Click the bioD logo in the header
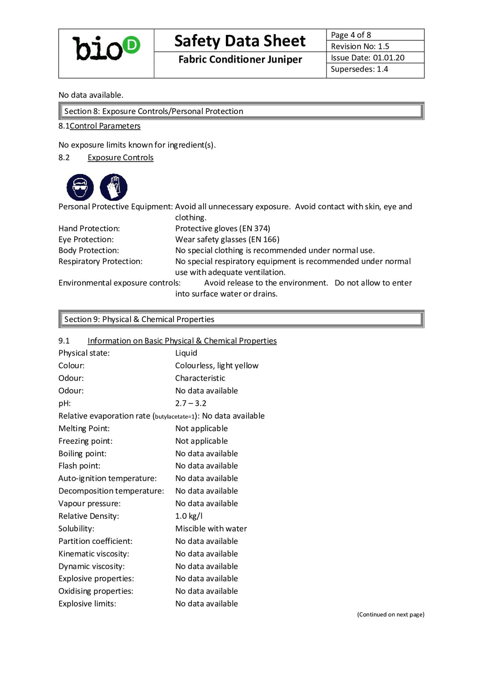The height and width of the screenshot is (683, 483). point(106,48)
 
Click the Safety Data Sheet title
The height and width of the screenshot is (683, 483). point(240,41)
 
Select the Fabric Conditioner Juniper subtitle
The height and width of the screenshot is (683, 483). point(240,59)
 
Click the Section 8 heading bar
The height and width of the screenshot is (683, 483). point(241,111)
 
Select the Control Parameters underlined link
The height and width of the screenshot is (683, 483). point(105,126)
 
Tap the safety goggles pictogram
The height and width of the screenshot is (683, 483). point(80,187)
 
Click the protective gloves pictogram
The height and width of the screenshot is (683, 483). point(114,187)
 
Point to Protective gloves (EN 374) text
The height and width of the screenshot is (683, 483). point(222,229)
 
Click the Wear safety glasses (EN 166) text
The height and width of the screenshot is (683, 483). point(227,240)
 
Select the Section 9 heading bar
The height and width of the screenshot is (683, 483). point(241,319)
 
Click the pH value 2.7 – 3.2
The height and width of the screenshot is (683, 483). point(191,403)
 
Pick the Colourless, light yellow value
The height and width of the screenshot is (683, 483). point(216,366)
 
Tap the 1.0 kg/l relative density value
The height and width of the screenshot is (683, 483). point(189,516)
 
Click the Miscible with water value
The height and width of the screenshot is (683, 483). point(211,529)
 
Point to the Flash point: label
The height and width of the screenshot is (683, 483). point(79,466)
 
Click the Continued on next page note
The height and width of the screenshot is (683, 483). point(390,615)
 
